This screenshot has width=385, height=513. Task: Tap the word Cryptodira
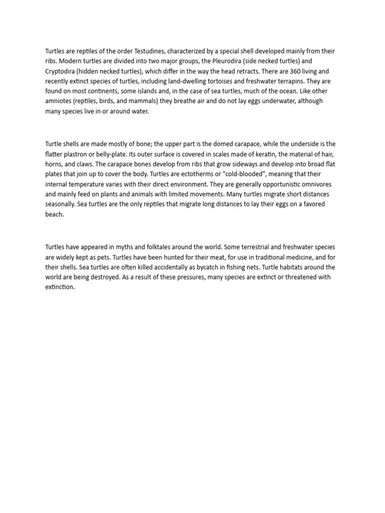click(x=61, y=71)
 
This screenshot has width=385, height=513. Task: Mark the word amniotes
click(x=59, y=101)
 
